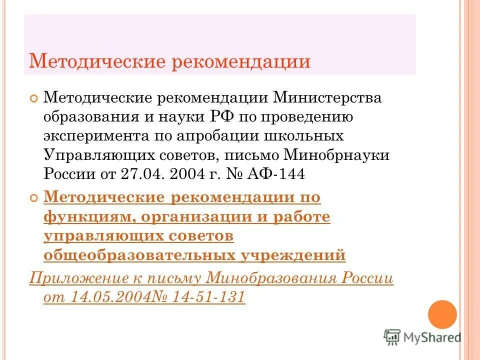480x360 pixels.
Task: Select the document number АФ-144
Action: pyautogui.click(x=280, y=174)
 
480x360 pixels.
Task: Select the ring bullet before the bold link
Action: pyautogui.click(x=34, y=198)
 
